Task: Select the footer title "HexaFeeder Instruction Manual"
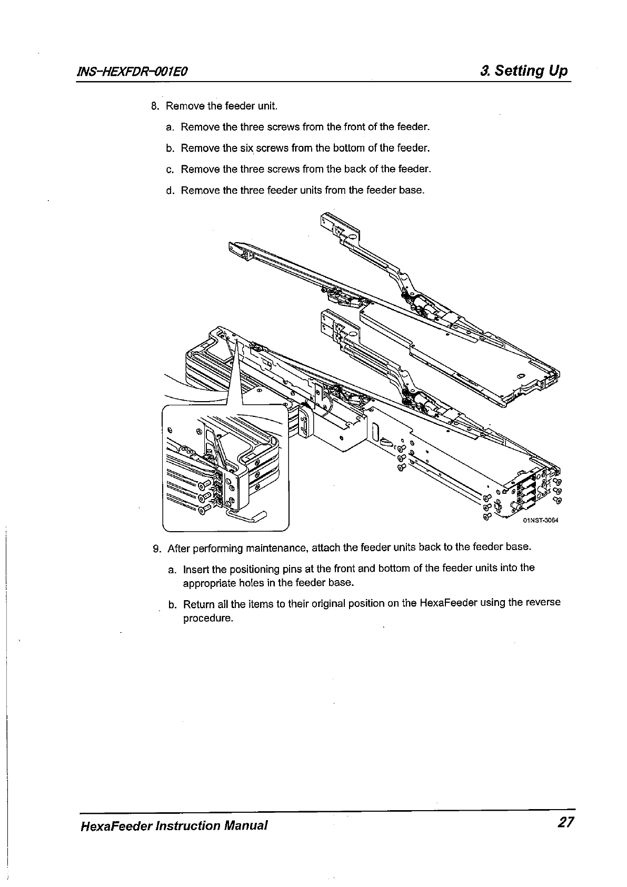point(174,824)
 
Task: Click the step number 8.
point(155,106)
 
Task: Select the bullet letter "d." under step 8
point(170,190)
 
